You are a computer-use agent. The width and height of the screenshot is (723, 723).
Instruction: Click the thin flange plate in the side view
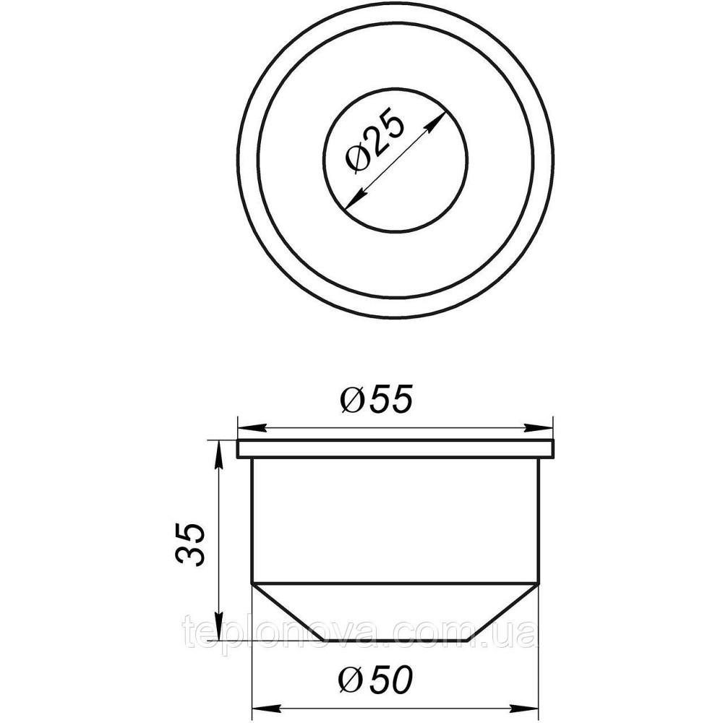(396, 448)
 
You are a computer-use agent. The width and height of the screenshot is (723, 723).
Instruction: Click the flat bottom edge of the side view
(396, 638)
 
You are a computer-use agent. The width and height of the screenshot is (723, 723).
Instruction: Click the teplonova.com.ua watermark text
(360, 633)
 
